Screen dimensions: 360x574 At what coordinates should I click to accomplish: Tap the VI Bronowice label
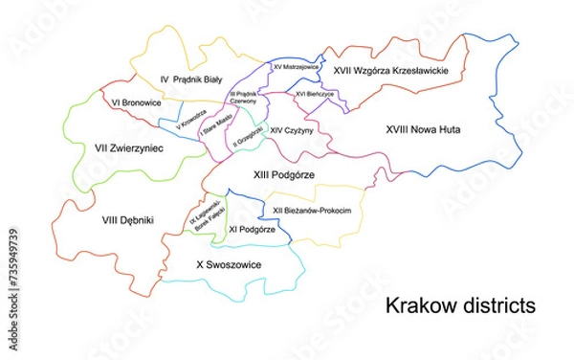[x=135, y=102]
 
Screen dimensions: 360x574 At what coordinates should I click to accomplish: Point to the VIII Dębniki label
[x=128, y=220]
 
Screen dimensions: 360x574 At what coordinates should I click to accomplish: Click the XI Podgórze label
[x=253, y=230]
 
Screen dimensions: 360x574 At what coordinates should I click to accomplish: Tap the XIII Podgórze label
[x=284, y=174]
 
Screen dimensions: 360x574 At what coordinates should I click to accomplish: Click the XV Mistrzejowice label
[x=295, y=68]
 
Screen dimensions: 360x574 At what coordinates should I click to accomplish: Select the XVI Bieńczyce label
[x=314, y=95]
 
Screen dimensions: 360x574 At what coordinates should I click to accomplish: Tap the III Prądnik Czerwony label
[x=243, y=98]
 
